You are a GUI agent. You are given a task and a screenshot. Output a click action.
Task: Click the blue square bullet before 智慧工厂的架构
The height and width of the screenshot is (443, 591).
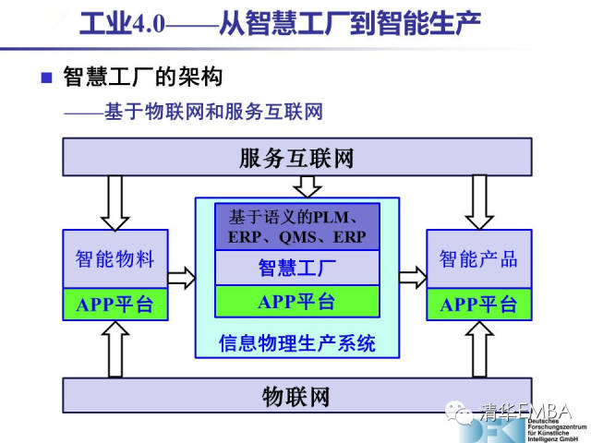point(46,76)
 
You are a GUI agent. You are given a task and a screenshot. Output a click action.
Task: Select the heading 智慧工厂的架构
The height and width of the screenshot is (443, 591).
point(142,76)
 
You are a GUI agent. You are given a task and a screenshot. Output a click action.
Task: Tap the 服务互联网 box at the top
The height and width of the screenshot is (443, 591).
point(296,157)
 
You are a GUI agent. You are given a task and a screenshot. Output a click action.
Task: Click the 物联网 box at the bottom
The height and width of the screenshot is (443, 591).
point(296,398)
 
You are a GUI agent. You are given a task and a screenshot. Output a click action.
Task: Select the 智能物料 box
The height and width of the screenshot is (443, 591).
point(115,259)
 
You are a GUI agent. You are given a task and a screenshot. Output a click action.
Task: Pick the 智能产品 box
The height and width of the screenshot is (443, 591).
point(477,259)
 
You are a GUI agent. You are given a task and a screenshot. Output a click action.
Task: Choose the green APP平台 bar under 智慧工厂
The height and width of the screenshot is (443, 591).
point(296,301)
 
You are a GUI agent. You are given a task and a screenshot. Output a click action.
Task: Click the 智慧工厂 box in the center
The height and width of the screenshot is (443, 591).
point(296,269)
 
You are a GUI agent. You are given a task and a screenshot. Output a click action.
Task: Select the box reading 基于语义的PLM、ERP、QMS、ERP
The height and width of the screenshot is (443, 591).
point(296,227)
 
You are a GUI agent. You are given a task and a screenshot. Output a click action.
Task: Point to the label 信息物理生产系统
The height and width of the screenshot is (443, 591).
point(296,343)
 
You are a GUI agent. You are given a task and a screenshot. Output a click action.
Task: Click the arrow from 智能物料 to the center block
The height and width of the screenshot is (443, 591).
point(182,275)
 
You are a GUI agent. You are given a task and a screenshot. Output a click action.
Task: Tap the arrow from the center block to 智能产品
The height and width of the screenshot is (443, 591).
point(413,275)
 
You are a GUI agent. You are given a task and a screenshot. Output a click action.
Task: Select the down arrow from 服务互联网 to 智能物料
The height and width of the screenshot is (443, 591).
point(115,202)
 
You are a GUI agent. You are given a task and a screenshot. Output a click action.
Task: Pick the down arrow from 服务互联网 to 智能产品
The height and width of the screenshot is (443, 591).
point(477,202)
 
